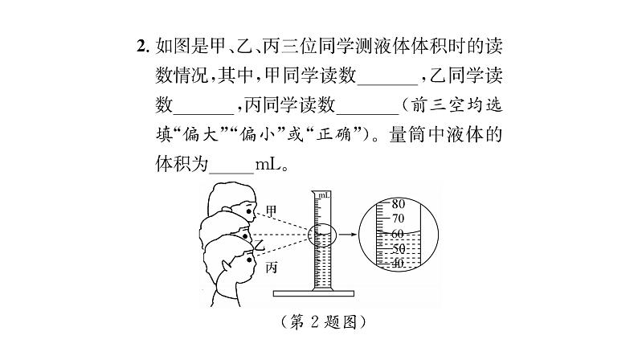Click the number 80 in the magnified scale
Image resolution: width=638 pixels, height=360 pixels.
396,204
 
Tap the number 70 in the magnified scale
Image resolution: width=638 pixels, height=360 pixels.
396,218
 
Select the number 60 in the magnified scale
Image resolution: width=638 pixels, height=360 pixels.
396,234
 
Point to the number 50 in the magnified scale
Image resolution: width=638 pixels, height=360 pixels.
396,249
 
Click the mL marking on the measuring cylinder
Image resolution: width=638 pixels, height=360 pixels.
323,195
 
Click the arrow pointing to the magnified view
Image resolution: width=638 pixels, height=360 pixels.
346,235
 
